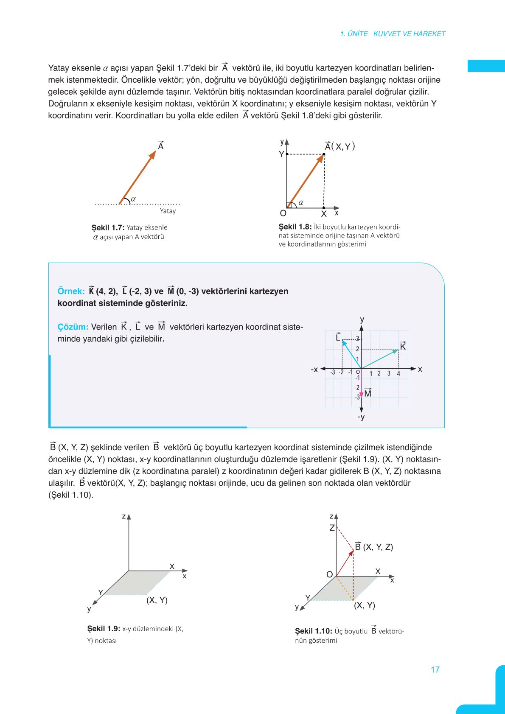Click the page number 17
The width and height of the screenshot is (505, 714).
click(435, 669)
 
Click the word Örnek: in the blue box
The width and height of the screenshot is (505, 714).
click(71, 291)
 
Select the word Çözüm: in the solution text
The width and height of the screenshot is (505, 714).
click(73, 327)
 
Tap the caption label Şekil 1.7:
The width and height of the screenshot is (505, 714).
click(108, 227)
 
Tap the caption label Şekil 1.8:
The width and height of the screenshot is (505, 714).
click(295, 227)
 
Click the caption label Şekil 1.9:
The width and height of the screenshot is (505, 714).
click(104, 629)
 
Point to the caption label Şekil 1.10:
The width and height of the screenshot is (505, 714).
click(313, 631)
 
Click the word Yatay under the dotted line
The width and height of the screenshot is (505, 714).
click(168, 211)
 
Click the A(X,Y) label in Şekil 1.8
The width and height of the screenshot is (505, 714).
click(339, 146)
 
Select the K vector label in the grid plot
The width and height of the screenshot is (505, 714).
click(403, 346)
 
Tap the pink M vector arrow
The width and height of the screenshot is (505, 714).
click(361, 384)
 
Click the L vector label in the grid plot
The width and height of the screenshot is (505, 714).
click(338, 337)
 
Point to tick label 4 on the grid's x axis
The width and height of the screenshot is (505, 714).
click(398, 374)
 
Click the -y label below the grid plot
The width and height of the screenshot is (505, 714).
click(361, 417)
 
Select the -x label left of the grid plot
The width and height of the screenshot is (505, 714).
click(314, 370)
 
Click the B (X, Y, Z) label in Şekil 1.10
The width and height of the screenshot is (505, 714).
click(374, 547)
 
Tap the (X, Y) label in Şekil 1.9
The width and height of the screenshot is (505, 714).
click(157, 600)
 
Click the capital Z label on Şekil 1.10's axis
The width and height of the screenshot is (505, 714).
click(332, 528)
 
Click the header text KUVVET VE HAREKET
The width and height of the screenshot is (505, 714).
click(409, 34)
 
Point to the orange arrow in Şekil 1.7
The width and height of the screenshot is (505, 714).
click(137, 177)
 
